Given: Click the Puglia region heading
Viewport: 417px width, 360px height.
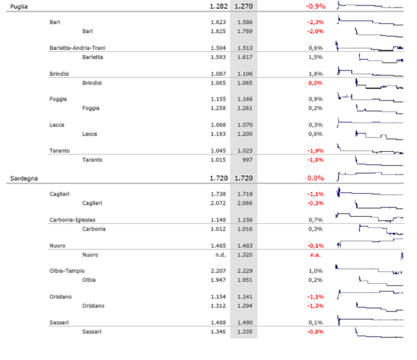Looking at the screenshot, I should pyautogui.click(x=18, y=7).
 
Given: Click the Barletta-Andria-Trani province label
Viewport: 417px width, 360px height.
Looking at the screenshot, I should pyautogui.click(x=77, y=48).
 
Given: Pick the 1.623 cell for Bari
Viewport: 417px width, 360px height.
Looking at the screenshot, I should pyautogui.click(x=219, y=23).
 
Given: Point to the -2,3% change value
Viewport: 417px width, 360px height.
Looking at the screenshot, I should pyautogui.click(x=314, y=23).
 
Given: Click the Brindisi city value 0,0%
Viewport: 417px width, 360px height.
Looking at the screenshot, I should pyautogui.click(x=314, y=82).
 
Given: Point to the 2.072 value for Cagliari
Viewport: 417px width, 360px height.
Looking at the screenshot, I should pyautogui.click(x=219, y=203).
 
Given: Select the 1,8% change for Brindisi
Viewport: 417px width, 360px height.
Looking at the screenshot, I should pyautogui.click(x=315, y=74).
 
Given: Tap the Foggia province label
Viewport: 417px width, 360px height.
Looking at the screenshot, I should pyautogui.click(x=59, y=99).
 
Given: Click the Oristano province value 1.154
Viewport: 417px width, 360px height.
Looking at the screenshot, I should pyautogui.click(x=219, y=296).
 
